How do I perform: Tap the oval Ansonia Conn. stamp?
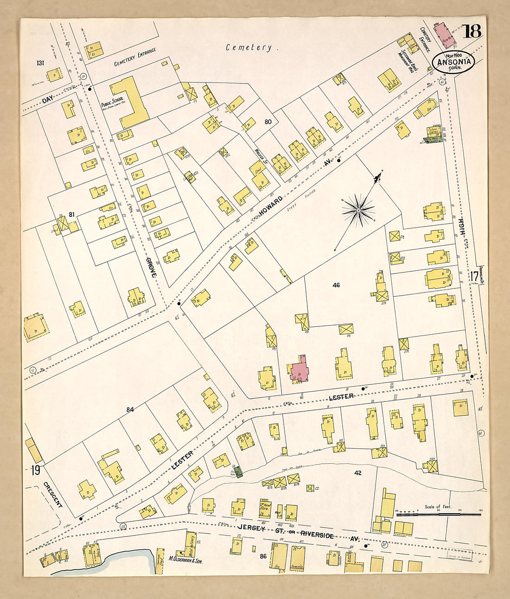[x=453, y=62]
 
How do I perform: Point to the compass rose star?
[x=358, y=211]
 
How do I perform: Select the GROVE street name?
[x=152, y=266]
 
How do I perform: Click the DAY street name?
[x=48, y=100]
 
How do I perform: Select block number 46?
[x=336, y=285]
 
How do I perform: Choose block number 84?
[x=130, y=409]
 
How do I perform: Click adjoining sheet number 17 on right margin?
[x=474, y=277]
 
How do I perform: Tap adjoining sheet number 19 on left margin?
[x=35, y=470]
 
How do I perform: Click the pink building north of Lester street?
[x=300, y=369]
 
